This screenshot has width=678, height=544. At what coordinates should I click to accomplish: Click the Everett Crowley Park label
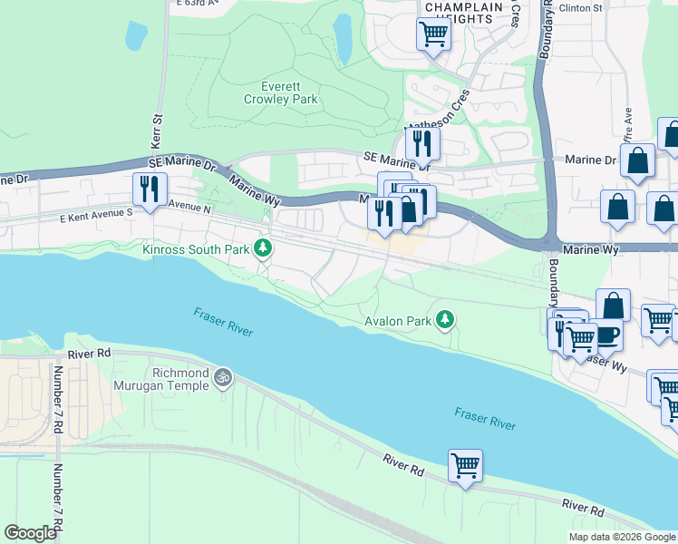(x=289, y=92)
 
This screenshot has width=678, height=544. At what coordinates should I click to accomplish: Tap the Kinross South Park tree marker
(x=263, y=248)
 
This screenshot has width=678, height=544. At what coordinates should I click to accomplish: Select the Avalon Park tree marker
(x=444, y=319)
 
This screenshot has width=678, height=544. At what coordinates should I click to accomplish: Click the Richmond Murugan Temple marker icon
(x=223, y=375)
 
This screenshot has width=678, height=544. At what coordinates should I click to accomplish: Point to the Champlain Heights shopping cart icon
(x=433, y=34)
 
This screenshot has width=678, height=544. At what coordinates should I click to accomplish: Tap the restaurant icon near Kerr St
(x=148, y=189)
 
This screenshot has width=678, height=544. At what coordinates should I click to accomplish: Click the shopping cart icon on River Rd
(x=465, y=466)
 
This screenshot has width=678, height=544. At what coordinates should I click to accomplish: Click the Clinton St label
(x=584, y=7)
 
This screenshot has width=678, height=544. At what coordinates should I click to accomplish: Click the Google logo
(x=30, y=533)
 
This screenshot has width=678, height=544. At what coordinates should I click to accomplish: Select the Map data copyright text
(x=622, y=537)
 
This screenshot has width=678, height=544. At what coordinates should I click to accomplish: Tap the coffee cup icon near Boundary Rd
(x=606, y=334)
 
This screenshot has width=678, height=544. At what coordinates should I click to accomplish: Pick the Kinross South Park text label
(x=194, y=248)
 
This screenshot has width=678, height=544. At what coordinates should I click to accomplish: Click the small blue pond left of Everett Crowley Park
(x=136, y=35)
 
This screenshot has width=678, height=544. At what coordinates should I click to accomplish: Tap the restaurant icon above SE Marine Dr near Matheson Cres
(x=421, y=142)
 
